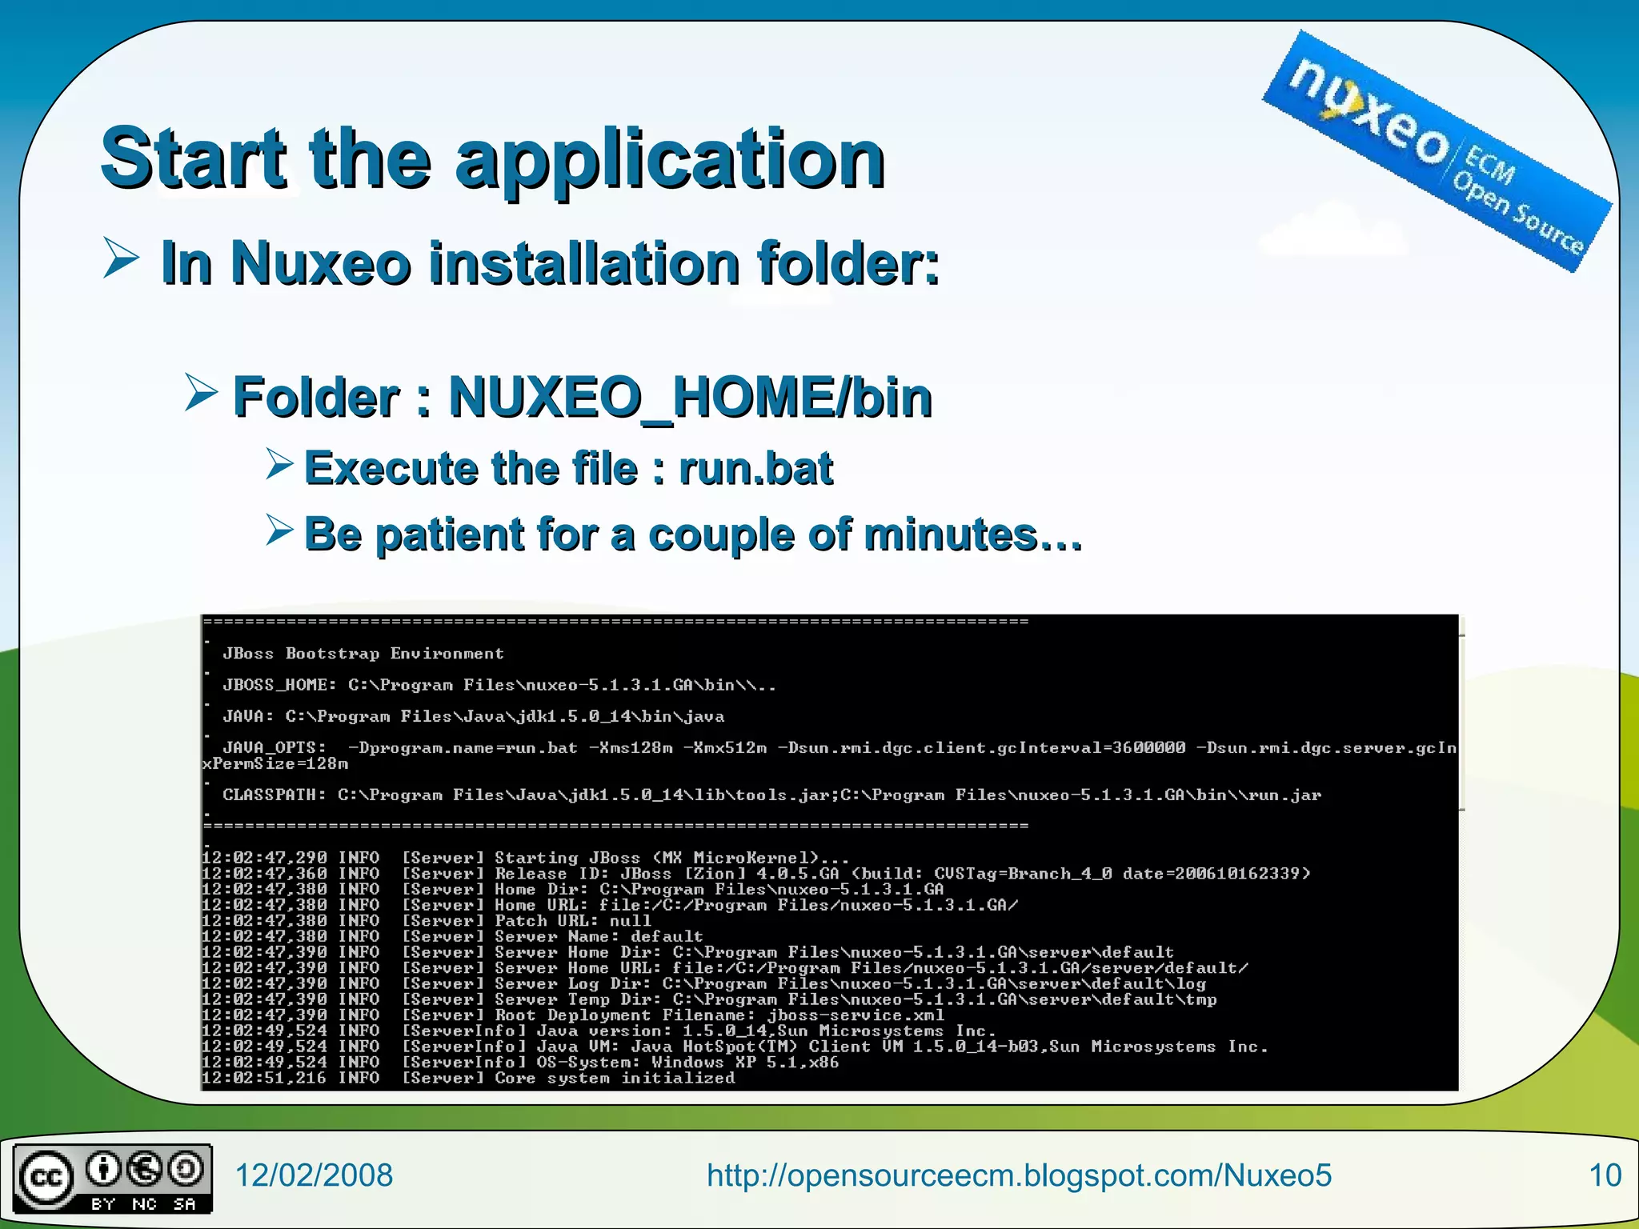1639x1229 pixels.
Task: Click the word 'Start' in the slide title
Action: [192, 158]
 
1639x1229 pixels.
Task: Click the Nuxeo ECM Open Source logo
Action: [1437, 151]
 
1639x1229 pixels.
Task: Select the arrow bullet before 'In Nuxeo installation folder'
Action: [122, 259]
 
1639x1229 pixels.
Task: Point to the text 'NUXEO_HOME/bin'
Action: [690, 397]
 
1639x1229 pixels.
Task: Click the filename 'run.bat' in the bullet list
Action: [755, 468]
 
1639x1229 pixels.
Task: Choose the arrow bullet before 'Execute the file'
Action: [279, 464]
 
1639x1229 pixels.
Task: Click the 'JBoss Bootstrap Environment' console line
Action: [363, 654]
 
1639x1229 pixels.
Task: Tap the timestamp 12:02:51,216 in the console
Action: [264, 1079]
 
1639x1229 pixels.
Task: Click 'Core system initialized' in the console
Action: [614, 1079]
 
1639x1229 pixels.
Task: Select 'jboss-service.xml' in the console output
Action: [856, 1015]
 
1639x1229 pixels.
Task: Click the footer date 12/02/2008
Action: [313, 1175]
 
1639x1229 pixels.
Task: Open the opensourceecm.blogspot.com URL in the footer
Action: [1019, 1175]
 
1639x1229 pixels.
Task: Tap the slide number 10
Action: [1605, 1175]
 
